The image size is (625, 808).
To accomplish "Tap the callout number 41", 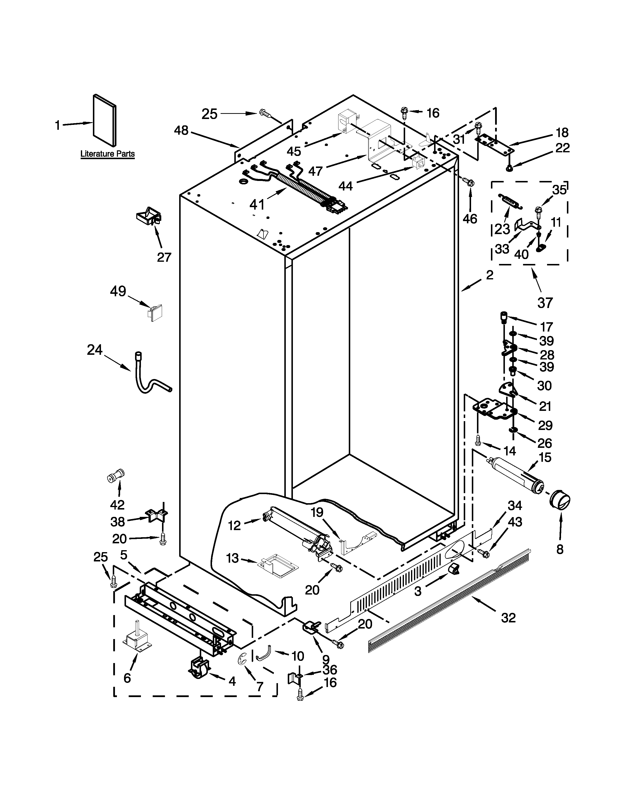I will click(257, 204).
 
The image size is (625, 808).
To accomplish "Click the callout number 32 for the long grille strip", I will click(508, 618).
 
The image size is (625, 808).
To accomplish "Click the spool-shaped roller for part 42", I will click(115, 475).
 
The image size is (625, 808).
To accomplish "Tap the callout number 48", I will click(181, 130).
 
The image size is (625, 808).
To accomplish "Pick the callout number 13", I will click(232, 558).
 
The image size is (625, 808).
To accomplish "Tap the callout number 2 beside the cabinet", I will click(489, 275).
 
